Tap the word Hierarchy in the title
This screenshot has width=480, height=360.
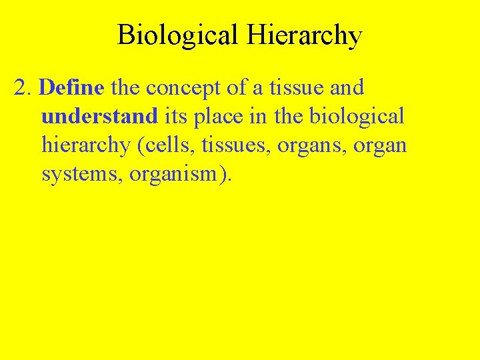304,35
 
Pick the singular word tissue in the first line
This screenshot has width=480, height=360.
303,87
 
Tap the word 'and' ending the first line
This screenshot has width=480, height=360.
349,87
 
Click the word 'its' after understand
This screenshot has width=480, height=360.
175,116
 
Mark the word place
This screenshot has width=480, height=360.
218,117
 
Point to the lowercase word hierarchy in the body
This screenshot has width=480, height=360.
86,146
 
